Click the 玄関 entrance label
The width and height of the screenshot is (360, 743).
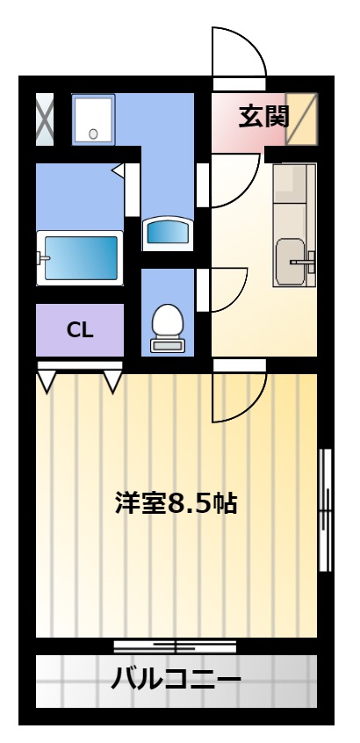point(263,117)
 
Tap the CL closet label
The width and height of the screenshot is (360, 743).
point(80,330)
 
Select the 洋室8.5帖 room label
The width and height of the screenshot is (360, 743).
point(176,503)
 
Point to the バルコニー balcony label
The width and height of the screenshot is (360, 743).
point(176,680)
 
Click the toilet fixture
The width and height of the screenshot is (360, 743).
point(168,328)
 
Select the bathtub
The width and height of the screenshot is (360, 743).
point(80,258)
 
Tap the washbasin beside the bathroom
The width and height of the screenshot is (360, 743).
point(168,233)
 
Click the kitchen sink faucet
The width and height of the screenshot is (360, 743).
point(304,261)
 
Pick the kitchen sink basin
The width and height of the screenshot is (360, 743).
point(291,262)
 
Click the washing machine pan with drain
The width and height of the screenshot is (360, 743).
point(93,119)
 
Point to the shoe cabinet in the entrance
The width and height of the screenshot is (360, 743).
point(301,119)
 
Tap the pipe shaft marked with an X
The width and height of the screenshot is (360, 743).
point(45,119)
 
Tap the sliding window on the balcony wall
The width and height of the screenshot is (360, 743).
point(176,646)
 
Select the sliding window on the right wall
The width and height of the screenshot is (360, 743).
point(325,510)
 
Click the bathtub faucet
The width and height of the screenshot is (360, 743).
point(43,259)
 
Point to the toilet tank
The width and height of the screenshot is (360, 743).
point(168,345)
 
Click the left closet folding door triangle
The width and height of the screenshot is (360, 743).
point(47,381)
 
